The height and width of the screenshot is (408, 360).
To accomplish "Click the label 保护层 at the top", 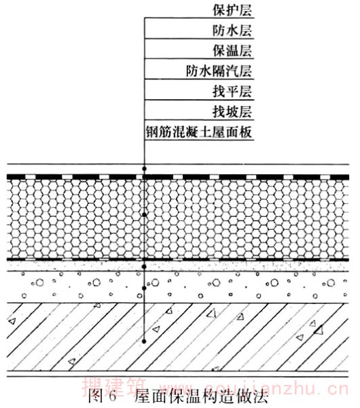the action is click(x=232, y=11).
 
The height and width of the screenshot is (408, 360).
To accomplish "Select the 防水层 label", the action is click(x=232, y=31).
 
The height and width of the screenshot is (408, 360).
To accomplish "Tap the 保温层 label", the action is click(x=232, y=51).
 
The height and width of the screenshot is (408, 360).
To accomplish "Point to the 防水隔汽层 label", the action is click(x=219, y=71).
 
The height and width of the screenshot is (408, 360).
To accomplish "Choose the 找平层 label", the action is click(x=232, y=92).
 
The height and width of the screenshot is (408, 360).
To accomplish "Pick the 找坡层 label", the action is click(x=232, y=112).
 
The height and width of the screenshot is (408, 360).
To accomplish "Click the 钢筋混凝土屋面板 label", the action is click(x=199, y=132).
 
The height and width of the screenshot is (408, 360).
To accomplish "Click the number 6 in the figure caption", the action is click(x=112, y=396).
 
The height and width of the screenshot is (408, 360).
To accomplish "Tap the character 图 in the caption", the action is click(x=94, y=396).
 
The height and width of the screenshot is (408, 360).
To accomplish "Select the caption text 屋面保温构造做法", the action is click(x=202, y=396).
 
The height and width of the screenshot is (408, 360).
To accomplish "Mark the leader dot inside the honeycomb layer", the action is click(x=145, y=215).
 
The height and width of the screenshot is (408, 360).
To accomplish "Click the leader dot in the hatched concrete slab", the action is click(x=145, y=341).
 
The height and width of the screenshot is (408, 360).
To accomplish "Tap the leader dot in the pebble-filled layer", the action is click(x=145, y=288).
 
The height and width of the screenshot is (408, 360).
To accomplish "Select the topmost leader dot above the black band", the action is click(x=145, y=169).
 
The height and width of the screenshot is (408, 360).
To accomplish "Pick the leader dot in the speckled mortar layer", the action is click(x=145, y=267).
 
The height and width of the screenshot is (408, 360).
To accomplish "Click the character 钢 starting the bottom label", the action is click(x=152, y=132).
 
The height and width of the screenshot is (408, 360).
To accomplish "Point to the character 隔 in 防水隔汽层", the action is click(x=219, y=71).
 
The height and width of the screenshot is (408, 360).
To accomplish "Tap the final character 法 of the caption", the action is click(x=262, y=396).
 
